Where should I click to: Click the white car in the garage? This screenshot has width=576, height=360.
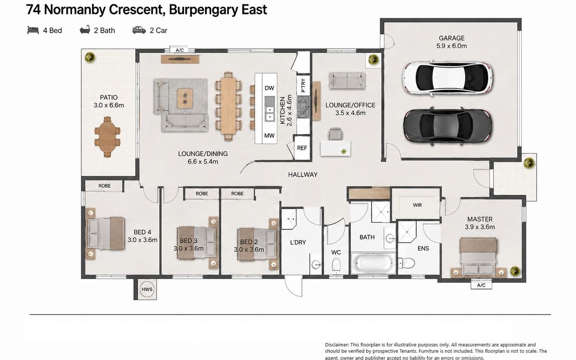[447, 78]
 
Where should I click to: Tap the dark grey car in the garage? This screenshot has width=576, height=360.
[447, 126]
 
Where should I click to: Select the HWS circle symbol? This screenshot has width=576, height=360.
[147, 289]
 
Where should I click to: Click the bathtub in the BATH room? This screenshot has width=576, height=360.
[373, 263]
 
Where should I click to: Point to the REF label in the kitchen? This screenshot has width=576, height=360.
[302, 148]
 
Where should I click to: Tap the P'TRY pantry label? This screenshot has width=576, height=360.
[303, 85]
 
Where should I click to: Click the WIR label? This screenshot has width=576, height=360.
[417, 205]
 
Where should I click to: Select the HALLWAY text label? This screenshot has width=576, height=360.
[303, 175]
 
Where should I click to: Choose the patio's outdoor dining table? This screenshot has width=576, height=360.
[108, 137]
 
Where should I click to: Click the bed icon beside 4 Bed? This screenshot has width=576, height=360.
[33, 30]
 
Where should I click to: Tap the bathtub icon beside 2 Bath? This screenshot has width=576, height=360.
[85, 30]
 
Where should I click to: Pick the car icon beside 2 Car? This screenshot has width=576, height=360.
[139, 30]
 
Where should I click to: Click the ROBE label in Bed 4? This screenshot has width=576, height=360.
[105, 186]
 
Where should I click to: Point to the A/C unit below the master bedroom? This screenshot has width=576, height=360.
[481, 285]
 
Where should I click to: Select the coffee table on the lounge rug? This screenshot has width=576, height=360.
[185, 98]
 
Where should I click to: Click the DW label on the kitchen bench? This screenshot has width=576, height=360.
[269, 88]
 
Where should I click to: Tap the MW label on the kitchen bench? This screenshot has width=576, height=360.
[269, 135]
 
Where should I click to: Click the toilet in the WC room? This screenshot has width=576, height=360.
[336, 265]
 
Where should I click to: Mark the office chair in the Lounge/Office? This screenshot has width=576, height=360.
[336, 134]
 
